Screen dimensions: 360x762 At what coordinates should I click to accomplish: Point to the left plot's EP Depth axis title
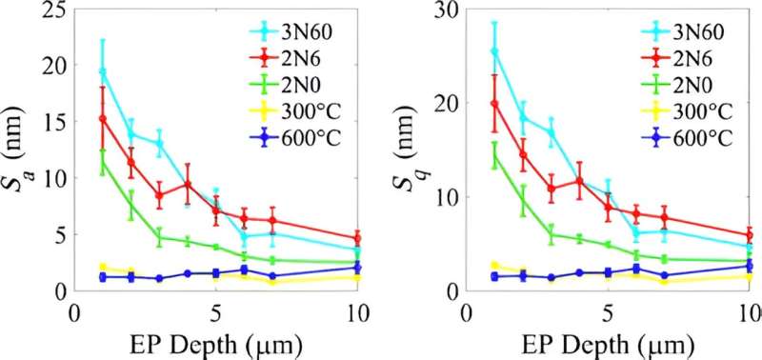coord(220,343)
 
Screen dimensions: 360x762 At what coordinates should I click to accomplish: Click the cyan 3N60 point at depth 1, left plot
coord(103,72)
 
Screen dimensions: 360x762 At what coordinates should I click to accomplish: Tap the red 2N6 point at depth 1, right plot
coord(493,104)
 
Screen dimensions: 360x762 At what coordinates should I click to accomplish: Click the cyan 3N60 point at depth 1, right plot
coord(493,51)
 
